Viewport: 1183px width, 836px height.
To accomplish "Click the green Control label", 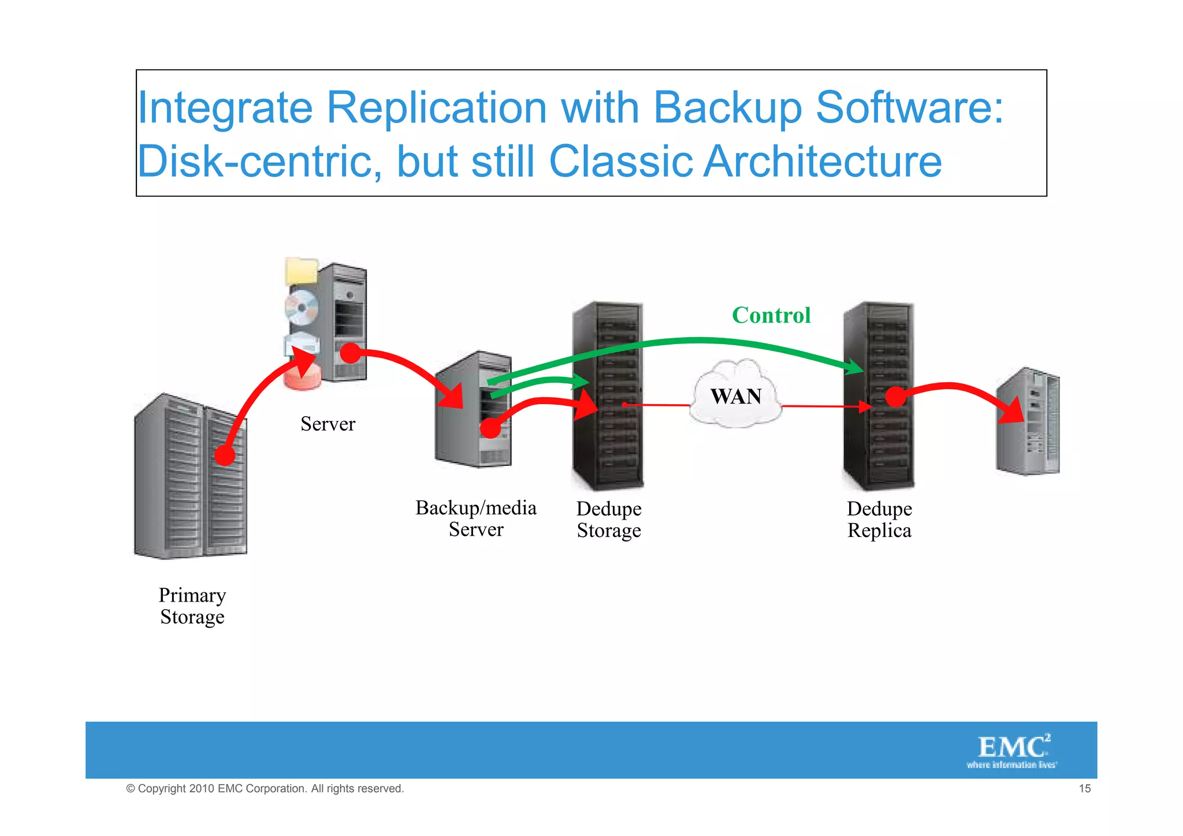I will [771, 315].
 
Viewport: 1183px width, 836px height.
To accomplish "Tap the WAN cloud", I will [736, 395].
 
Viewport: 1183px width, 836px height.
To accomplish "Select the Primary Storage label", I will [192, 606].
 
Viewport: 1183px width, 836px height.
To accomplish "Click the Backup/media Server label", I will [476, 518].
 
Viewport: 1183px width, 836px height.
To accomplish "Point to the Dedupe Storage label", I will [609, 520].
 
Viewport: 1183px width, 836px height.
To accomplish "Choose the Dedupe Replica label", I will [879, 520].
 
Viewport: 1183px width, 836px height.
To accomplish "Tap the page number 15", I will [1084, 789].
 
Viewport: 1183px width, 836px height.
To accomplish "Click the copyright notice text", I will [265, 789].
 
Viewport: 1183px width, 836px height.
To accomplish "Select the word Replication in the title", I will [437, 108].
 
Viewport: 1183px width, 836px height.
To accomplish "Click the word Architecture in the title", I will [823, 161].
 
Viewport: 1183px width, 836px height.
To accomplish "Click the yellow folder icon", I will [302, 270].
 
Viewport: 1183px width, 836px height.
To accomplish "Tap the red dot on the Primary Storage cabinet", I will [225, 456].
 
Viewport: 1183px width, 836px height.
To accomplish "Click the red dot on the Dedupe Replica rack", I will [895, 397].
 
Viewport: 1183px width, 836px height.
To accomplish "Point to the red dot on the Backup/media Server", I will [490, 428].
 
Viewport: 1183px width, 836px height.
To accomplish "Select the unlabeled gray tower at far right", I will [1028, 421].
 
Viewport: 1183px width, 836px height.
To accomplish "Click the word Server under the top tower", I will [328, 424].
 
